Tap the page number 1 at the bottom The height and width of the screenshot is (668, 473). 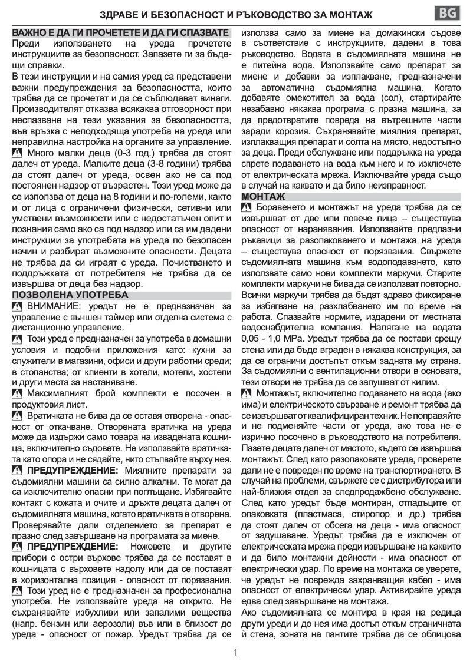[236, 652]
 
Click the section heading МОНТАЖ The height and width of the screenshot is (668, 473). [263, 196]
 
